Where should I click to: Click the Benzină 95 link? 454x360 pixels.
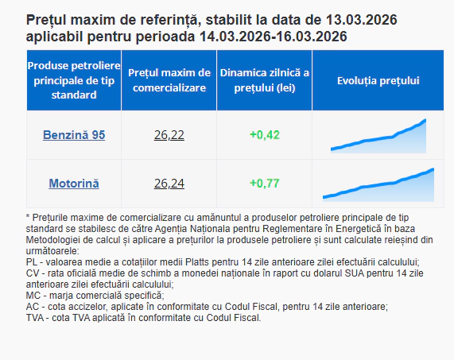[73, 135]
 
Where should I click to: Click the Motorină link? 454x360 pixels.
[74, 184]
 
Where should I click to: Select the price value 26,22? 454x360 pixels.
[169, 135]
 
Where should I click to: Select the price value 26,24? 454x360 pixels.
[169, 184]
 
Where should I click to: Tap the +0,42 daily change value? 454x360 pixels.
[264, 135]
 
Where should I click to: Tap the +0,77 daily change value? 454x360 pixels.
[264, 184]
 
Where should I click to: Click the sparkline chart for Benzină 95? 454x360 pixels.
[378, 136]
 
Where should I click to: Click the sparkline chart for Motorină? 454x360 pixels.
[378, 184]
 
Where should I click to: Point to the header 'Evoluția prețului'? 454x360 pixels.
[378, 80]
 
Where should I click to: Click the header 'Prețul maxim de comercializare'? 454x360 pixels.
[169, 80]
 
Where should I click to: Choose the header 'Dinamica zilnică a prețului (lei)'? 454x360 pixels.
[264, 80]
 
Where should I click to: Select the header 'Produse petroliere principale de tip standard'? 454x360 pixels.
[73, 79]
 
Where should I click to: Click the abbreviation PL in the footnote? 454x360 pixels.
[33, 261]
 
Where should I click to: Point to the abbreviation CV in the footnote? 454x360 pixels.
[33, 273]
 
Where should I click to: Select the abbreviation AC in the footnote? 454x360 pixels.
[33, 306]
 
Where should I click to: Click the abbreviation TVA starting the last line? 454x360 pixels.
[37, 317]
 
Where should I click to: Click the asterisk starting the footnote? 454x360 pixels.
[29, 217]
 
